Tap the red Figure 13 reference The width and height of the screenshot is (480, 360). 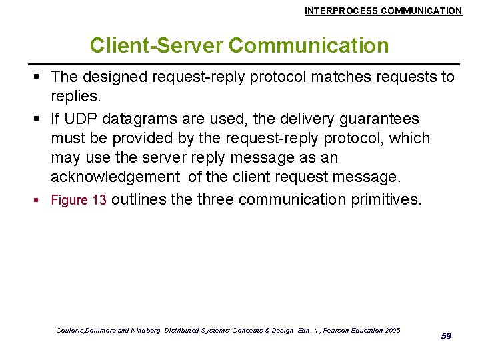pyautogui.click(x=79, y=201)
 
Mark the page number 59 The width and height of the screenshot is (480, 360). pyautogui.click(x=446, y=336)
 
